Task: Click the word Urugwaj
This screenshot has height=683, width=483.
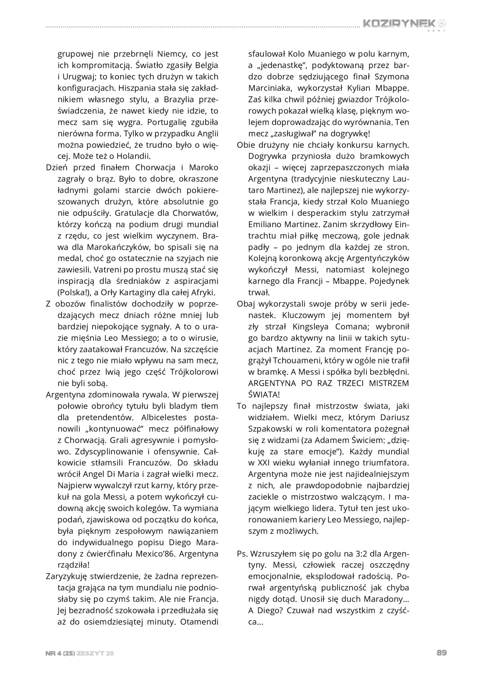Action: (x=79, y=76)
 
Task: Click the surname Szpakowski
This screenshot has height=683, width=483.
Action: (x=269, y=429)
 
